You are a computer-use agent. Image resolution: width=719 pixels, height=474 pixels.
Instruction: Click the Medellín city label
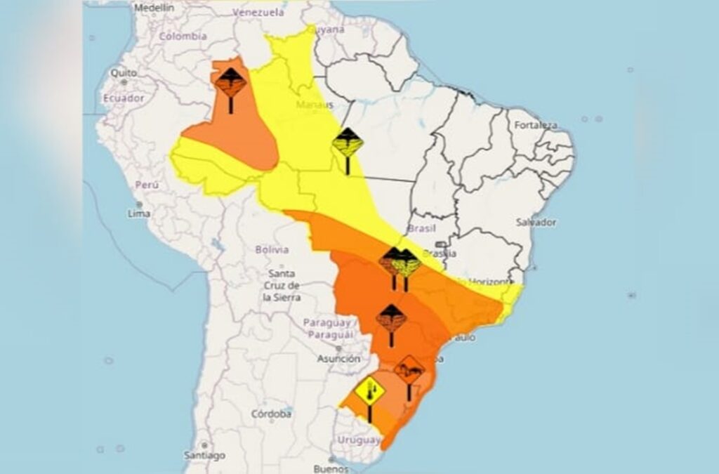154,8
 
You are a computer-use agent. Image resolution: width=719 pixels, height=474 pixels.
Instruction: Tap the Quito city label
123,72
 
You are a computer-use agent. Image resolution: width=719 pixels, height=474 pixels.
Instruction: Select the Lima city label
139,213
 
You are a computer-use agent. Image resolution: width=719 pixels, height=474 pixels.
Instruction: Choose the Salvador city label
536,222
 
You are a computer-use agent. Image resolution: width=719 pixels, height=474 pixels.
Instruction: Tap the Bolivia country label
272,249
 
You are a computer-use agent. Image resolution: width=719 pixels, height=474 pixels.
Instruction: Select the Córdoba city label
271,414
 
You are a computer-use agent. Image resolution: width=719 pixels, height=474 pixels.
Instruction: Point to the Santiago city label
204,454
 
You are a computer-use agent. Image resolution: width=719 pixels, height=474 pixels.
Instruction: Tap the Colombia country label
183,37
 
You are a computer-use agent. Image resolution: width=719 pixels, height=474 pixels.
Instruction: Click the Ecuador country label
124,98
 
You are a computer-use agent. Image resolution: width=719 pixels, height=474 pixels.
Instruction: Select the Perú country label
147,185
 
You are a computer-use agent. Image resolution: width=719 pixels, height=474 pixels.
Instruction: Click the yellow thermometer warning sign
370,393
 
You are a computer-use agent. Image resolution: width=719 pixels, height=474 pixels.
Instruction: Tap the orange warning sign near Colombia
230,84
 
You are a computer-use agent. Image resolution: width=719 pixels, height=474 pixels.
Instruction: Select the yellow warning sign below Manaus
348,145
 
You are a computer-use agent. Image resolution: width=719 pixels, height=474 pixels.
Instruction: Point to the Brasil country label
422,229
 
